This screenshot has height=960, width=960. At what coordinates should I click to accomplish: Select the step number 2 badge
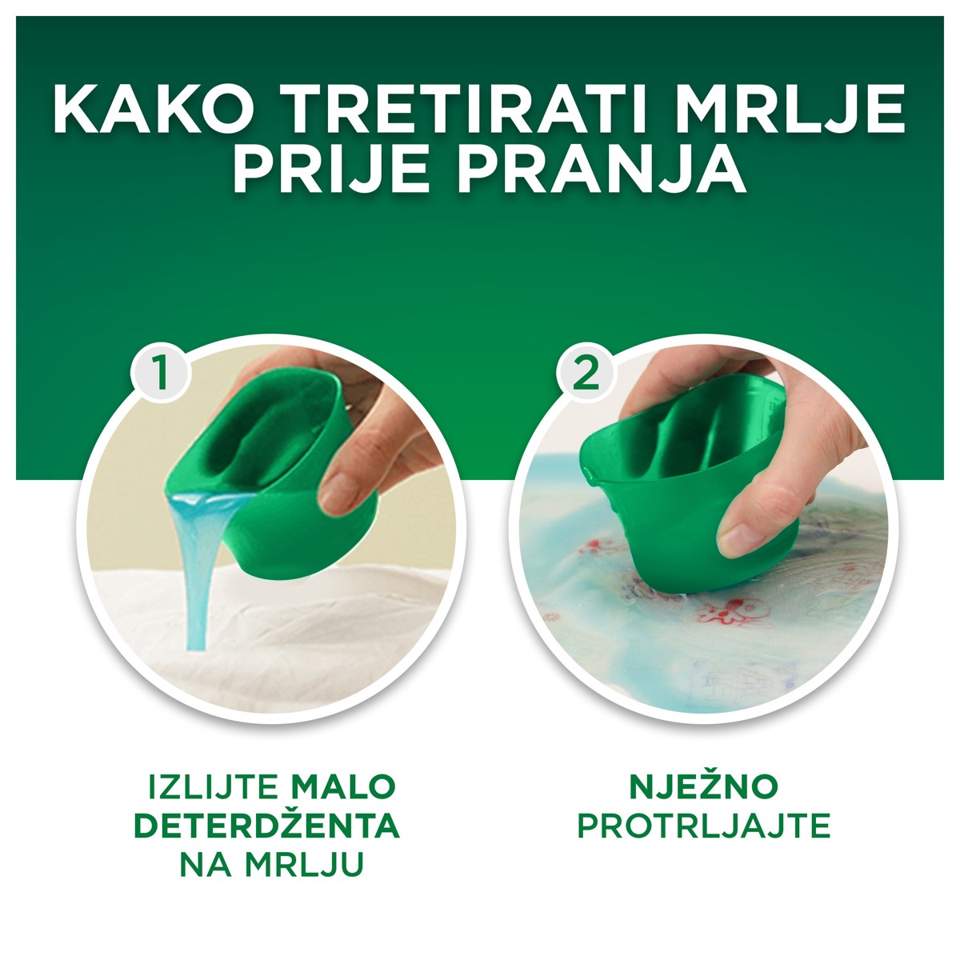(x=586, y=373)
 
